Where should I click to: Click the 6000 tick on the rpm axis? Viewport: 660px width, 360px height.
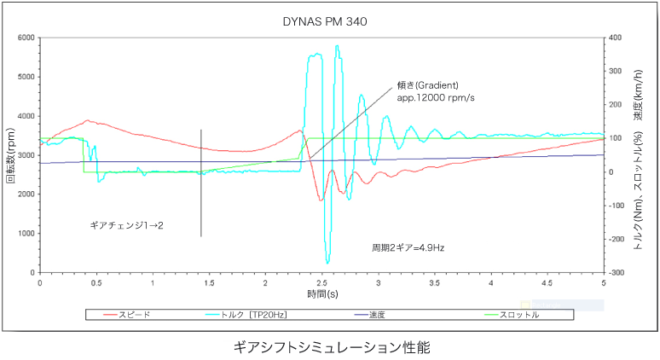(26, 38)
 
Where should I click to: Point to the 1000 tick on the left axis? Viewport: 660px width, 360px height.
(26, 234)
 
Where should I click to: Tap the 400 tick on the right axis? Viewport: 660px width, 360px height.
(615, 38)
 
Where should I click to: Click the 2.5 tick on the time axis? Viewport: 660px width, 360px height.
(321, 282)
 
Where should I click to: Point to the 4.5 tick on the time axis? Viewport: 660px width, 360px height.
(547, 282)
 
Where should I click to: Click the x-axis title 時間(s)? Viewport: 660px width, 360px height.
(322, 293)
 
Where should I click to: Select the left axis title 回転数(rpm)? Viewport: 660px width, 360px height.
(11, 156)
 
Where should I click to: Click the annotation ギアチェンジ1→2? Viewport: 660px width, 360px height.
(126, 225)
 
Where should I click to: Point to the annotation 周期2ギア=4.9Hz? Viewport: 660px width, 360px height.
(408, 247)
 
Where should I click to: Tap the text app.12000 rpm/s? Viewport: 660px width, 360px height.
(436, 97)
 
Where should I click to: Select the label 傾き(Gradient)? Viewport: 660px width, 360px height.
(428, 85)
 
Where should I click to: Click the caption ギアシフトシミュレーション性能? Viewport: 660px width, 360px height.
(331, 347)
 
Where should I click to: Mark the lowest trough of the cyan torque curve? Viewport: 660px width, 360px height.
(327, 263)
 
